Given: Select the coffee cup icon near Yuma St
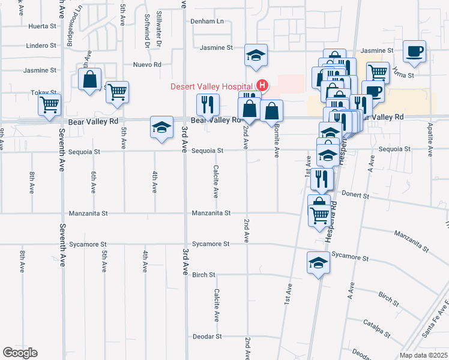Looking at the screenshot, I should click(x=414, y=51).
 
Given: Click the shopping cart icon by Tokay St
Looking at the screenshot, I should click(x=49, y=105).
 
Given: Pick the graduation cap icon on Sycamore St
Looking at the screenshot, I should click(x=319, y=263).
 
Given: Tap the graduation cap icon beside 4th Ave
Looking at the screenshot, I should click(x=161, y=127).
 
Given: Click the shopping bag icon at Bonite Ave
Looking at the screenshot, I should click(x=271, y=110).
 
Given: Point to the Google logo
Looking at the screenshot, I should click(x=19, y=353).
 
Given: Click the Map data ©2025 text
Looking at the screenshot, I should click(x=423, y=355).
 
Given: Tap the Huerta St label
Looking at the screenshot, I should click(x=42, y=26).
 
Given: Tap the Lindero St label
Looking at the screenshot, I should click(x=41, y=45).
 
